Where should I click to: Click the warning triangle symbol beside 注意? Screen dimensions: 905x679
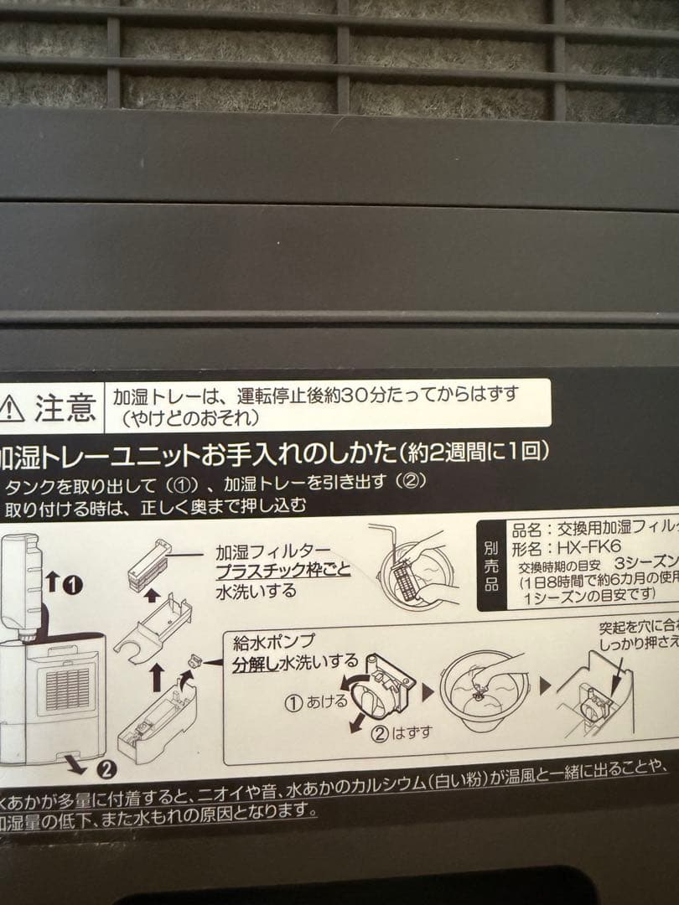tap(12, 409)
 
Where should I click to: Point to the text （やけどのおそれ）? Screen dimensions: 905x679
tap(189, 416)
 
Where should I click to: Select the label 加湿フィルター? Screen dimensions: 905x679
tap(267, 552)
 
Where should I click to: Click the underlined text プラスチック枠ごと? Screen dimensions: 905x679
tap(282, 571)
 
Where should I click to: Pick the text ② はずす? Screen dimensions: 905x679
tap(402, 732)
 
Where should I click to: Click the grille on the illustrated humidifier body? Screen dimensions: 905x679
tap(67, 686)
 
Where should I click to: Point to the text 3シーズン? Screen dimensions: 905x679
tap(645, 564)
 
